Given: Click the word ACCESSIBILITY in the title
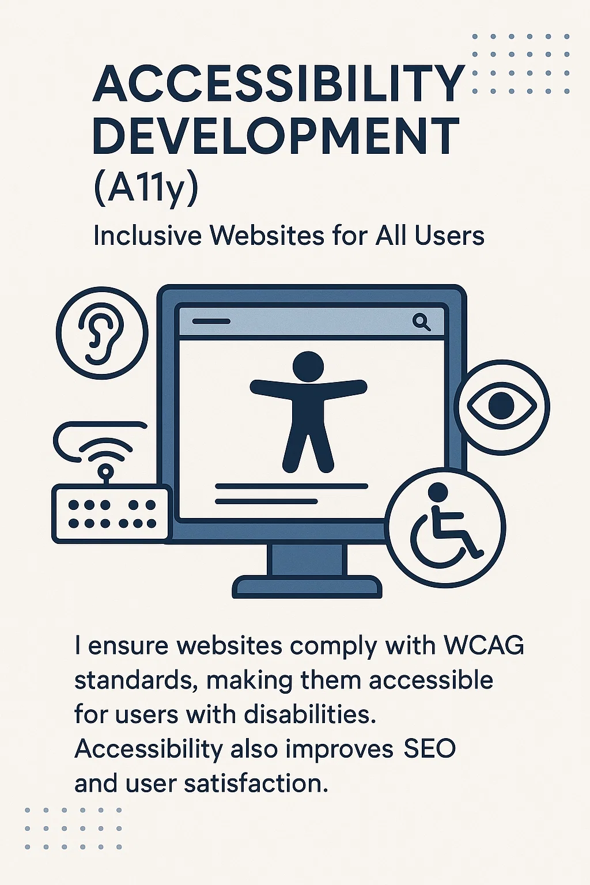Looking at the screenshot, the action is pos(279,84).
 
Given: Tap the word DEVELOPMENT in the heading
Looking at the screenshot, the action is pos(276,135).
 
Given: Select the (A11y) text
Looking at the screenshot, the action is pos(145,189).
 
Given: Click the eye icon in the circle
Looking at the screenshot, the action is pos(502,405).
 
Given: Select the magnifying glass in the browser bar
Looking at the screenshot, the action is pos(422,322).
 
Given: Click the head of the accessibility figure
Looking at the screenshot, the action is pos(308,366).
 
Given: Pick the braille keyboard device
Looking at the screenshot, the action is pos(111,514).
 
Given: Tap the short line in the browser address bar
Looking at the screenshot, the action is pos(211,321).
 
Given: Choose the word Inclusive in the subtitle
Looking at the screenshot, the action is pos(148,236).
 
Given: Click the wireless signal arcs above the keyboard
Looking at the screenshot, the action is pos(105,451).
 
